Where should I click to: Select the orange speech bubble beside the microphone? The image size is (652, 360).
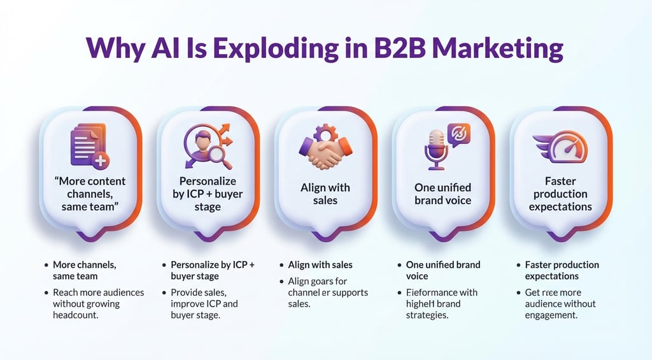[x=458, y=134]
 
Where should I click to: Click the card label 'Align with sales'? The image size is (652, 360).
[x=325, y=194]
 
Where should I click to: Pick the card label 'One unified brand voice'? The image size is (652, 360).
[x=443, y=194]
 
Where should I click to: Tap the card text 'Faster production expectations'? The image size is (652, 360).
[x=560, y=194]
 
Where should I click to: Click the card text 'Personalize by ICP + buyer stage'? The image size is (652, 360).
[x=208, y=194]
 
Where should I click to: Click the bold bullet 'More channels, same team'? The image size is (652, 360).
[x=85, y=270]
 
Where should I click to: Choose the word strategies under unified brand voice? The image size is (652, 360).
[x=429, y=315]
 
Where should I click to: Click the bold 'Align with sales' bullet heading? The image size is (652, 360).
[x=320, y=264]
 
